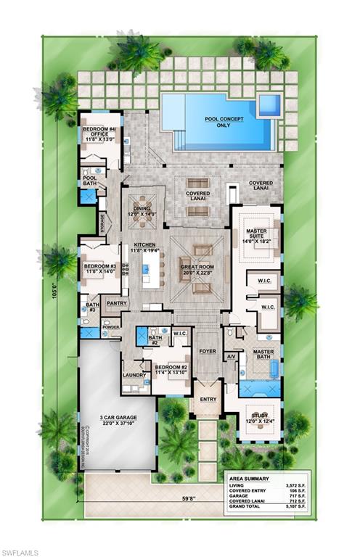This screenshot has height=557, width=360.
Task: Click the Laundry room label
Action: [134, 375]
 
